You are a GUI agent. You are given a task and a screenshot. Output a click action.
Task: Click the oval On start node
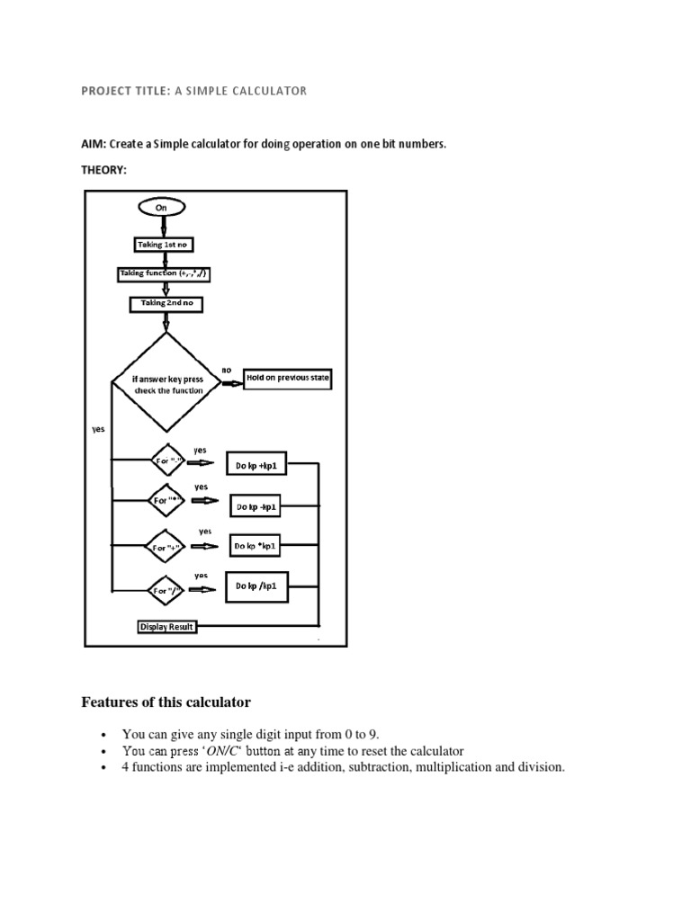click(162, 207)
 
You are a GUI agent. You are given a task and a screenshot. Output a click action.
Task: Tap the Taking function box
click(167, 273)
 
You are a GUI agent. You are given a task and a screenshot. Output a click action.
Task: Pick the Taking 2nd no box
click(166, 304)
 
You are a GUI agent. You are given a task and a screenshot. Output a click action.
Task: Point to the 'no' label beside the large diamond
click(226, 369)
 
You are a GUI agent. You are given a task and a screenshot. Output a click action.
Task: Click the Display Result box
click(166, 626)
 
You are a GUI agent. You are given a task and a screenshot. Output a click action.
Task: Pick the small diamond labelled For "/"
click(167, 591)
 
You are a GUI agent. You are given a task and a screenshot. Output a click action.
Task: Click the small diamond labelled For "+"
click(167, 546)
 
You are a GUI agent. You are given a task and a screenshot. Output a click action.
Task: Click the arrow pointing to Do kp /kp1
click(202, 590)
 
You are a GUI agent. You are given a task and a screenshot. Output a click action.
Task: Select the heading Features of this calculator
click(166, 702)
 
